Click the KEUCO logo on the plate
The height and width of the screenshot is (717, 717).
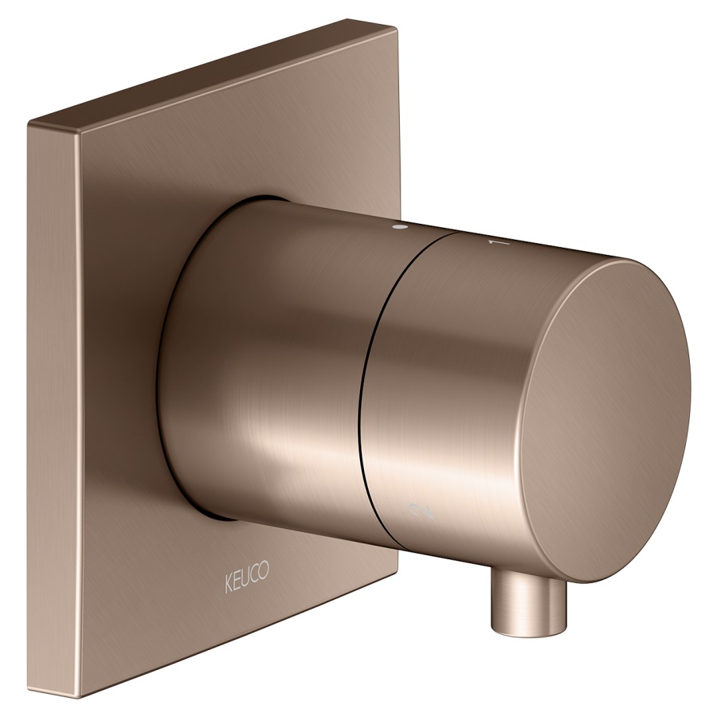(246, 577)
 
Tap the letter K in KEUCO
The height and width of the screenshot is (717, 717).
(228, 585)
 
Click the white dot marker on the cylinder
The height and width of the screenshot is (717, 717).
(401, 227)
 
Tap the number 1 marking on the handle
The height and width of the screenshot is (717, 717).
(501, 243)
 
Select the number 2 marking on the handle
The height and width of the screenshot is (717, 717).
(421, 511)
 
